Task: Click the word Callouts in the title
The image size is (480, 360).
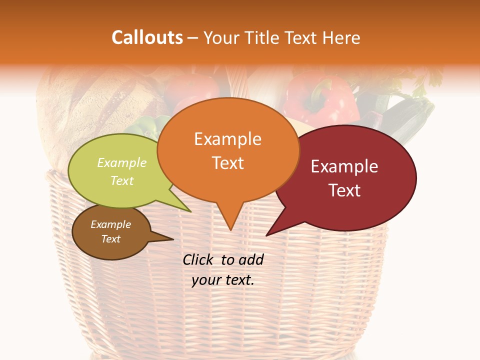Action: [147, 37]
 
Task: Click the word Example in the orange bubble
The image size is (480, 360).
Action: [227, 139]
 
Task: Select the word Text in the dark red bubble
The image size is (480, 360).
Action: [345, 190]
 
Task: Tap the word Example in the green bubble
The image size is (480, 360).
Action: [122, 163]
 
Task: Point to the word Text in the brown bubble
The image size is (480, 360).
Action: [111, 239]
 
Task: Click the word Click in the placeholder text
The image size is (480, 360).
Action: [199, 259]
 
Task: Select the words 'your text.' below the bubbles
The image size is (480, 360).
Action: [223, 280]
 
